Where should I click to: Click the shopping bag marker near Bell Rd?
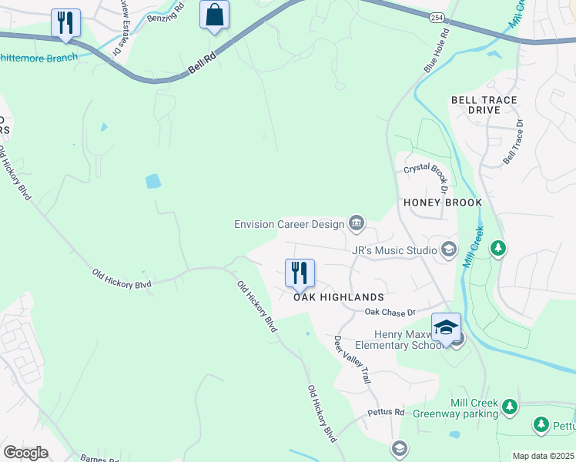(214, 15)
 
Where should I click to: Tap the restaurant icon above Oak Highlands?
(300, 273)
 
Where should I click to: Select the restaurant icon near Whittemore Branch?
(65, 22)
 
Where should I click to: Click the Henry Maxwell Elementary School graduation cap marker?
(446, 327)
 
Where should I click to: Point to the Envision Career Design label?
(290, 224)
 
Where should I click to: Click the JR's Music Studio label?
(393, 250)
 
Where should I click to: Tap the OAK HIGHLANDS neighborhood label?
(338, 297)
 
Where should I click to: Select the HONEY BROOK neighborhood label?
(443, 203)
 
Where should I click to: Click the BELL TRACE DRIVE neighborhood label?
(486, 105)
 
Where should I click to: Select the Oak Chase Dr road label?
(390, 312)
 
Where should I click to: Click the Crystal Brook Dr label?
(426, 176)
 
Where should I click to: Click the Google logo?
(25, 453)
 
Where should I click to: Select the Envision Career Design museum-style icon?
(356, 224)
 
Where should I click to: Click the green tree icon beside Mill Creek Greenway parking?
(508, 405)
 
